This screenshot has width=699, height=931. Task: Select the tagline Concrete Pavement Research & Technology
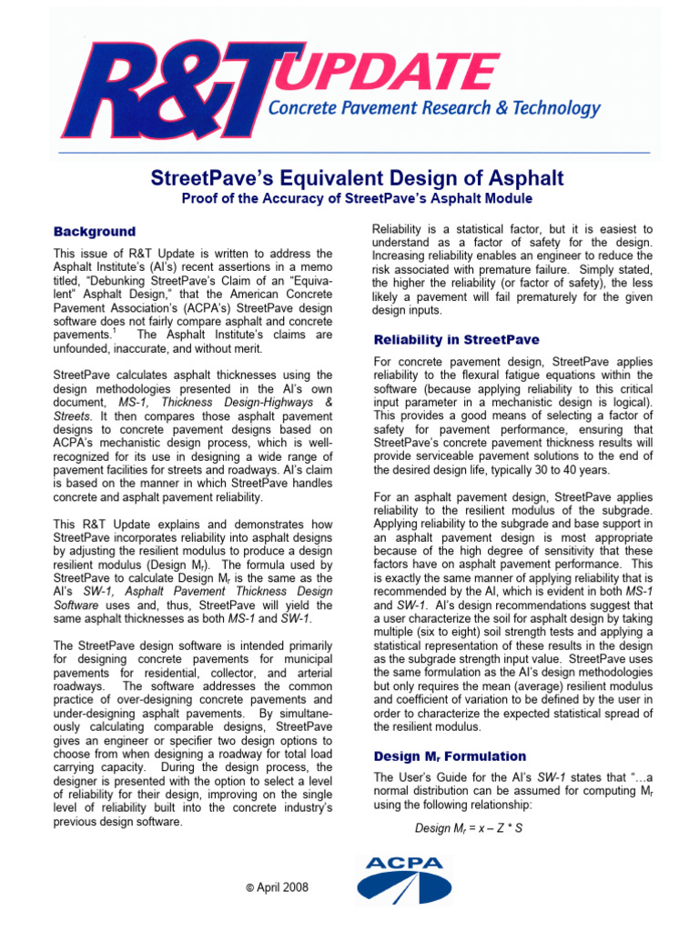pos(433,109)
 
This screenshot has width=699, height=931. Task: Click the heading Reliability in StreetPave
pos(456,339)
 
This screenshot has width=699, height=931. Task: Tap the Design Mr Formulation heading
pos(450,756)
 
